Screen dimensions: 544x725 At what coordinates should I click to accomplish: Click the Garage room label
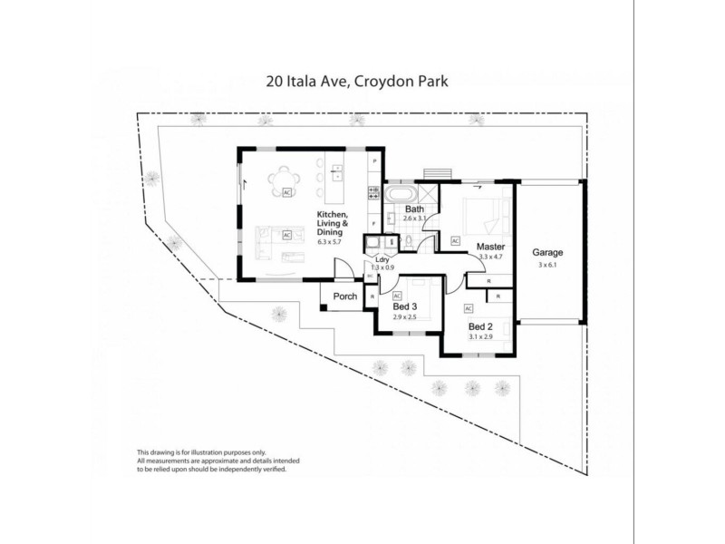pyautogui.click(x=547, y=252)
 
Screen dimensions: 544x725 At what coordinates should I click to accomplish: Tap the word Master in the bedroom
pyautogui.click(x=490, y=247)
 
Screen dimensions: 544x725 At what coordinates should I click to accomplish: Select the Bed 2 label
pyautogui.click(x=479, y=325)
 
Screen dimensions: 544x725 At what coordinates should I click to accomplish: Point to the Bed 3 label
pyautogui.click(x=403, y=306)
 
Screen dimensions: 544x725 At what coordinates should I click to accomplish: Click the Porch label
pyautogui.click(x=345, y=296)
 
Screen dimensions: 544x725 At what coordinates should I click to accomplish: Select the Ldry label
pyautogui.click(x=382, y=260)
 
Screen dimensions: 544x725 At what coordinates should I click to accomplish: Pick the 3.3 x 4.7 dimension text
pyautogui.click(x=490, y=257)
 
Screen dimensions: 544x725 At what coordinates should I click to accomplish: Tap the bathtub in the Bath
pyautogui.click(x=400, y=195)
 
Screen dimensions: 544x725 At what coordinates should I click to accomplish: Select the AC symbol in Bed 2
pyautogui.click(x=469, y=308)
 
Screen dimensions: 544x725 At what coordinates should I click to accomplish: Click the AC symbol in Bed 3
pyautogui.click(x=397, y=295)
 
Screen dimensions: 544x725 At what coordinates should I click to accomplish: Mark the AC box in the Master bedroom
pyautogui.click(x=455, y=240)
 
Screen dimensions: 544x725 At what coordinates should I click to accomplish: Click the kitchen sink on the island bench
pyautogui.click(x=337, y=170)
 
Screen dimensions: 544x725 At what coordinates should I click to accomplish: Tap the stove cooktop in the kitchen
pyautogui.click(x=372, y=192)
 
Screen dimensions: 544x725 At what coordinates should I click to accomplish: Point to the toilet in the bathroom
pyautogui.click(x=409, y=240)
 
